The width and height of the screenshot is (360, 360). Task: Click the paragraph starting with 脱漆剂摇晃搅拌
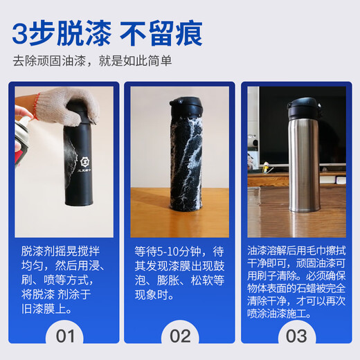coord(64,276)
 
